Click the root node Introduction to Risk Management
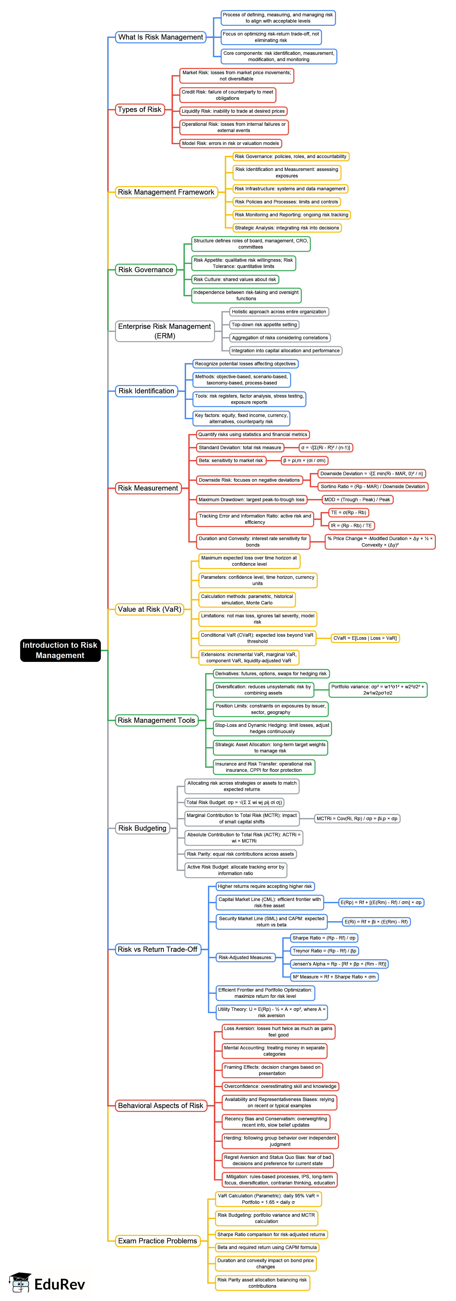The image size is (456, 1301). [x=60, y=650]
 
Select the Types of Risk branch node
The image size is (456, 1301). [x=139, y=110]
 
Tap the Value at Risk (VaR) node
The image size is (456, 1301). [x=149, y=609]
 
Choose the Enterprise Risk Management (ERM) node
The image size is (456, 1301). [x=165, y=331]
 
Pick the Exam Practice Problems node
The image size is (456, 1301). [x=158, y=1241]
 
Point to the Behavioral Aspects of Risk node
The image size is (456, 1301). [x=161, y=1106]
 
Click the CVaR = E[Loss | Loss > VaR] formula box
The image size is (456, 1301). [x=365, y=638]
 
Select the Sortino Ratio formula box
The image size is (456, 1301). [x=373, y=486]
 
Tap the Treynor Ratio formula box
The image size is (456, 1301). [x=324, y=951]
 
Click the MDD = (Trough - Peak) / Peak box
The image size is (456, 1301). [x=357, y=499]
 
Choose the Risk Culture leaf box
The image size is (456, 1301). [x=235, y=279]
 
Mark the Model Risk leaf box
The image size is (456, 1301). [x=230, y=143]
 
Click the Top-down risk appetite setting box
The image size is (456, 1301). [x=264, y=325]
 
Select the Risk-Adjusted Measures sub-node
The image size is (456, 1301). [x=245, y=958]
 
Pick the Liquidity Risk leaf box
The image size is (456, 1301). [x=233, y=111]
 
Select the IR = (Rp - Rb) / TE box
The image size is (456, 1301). [x=351, y=526]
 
